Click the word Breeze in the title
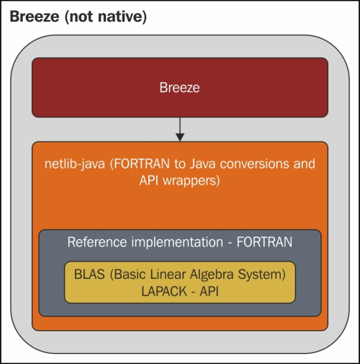point(35,17)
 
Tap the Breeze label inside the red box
point(179,87)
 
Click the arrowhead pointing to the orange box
point(180,137)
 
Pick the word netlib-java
point(75,164)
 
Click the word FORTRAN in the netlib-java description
point(142,164)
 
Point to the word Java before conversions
point(203,164)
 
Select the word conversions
point(254,164)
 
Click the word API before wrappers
point(149,180)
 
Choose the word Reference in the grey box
point(97,242)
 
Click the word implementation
point(177,243)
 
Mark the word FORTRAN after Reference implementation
point(264,242)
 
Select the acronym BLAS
point(89,275)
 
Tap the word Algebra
point(212,275)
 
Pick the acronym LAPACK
point(164,292)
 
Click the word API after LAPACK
point(209,292)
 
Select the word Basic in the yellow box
point(130,275)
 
